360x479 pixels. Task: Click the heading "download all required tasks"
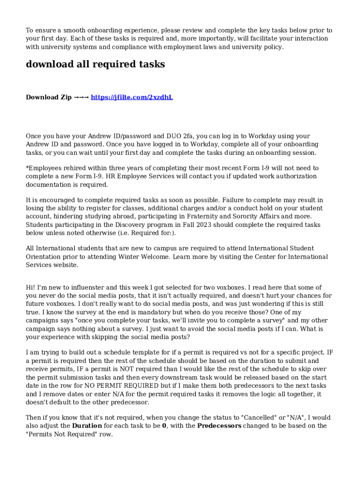[x=95, y=65]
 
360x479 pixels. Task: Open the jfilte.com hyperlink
[x=132, y=97]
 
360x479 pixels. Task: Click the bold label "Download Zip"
[x=49, y=97]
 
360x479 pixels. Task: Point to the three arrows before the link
[x=81, y=97]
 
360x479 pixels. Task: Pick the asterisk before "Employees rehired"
[x=27, y=167]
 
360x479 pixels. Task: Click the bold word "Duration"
[x=87, y=426]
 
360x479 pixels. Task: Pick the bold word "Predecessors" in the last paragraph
[x=219, y=426]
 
